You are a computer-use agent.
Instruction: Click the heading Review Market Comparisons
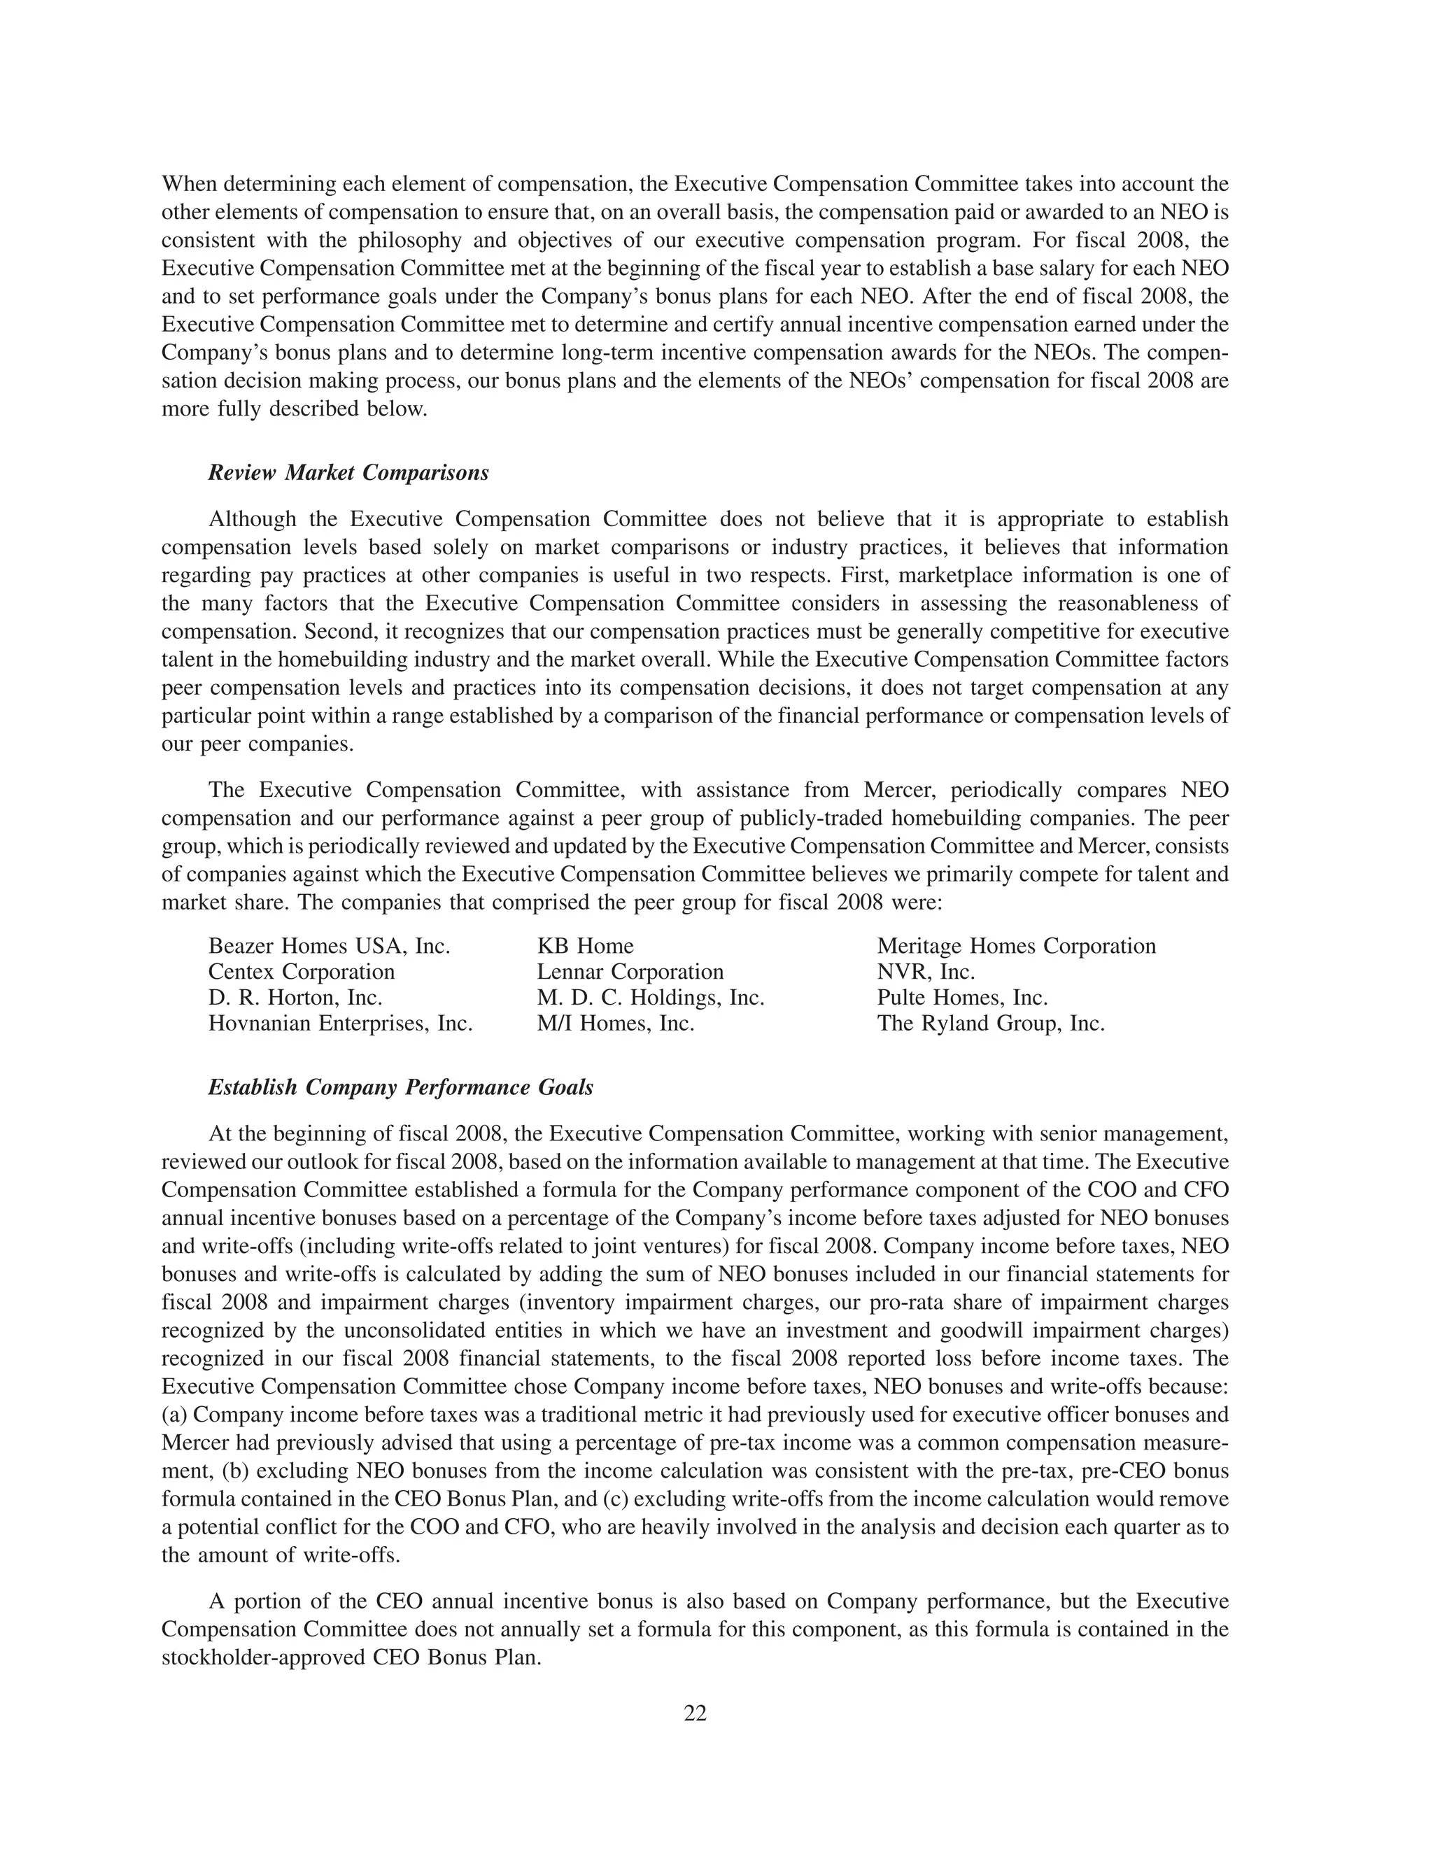click(348, 473)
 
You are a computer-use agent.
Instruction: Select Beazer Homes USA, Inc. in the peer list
click(329, 946)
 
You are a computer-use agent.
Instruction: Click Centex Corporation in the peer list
click(302, 971)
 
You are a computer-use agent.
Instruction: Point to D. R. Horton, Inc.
click(295, 998)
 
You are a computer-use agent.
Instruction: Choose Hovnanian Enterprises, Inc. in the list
click(339, 1023)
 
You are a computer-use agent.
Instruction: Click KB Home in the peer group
click(585, 946)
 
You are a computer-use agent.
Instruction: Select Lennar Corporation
click(630, 971)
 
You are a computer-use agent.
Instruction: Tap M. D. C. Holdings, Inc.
click(650, 998)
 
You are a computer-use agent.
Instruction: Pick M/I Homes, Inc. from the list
click(616, 1023)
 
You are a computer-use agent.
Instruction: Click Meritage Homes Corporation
click(1016, 946)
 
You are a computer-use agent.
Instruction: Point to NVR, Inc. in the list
click(925, 971)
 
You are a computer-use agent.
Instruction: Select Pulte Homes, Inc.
click(962, 998)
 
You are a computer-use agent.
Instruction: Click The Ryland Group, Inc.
click(991, 1023)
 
